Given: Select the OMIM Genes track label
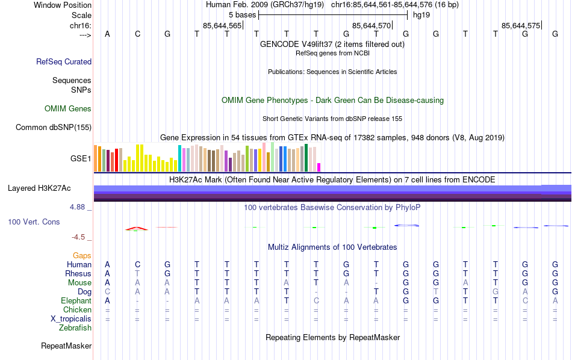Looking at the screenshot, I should (68, 109).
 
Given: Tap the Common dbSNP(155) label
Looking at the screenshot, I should (54, 127).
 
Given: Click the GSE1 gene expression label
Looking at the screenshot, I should (81, 159).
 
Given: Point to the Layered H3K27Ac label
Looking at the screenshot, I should (39, 188).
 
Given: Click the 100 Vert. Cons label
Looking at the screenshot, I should (34, 222).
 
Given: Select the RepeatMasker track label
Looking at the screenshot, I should (66, 346).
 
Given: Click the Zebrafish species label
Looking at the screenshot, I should (75, 328).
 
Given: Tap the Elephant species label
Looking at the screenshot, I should (76, 301).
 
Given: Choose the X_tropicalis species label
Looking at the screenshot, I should (72, 319).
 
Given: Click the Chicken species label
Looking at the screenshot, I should (77, 310).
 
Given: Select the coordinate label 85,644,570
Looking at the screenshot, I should (371, 25).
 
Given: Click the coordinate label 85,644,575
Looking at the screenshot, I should (521, 25).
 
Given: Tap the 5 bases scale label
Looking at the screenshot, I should (242, 14).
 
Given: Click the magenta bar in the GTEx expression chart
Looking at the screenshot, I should (319, 167).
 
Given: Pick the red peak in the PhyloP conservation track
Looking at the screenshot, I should (137, 228).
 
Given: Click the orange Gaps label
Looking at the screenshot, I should (82, 256).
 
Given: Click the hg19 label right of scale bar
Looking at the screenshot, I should (421, 14).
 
